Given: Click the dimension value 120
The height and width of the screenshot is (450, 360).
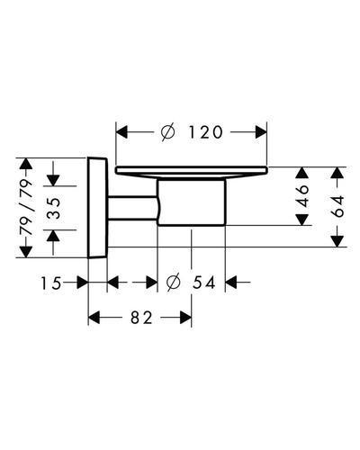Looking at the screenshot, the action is click(x=206, y=132).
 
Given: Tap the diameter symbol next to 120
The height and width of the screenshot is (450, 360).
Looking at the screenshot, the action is click(x=167, y=132).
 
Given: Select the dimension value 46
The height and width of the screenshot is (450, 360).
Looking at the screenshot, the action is click(x=303, y=196).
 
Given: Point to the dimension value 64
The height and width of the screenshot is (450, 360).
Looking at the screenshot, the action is click(x=337, y=206).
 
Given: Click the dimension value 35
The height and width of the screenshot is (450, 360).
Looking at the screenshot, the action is click(x=54, y=208).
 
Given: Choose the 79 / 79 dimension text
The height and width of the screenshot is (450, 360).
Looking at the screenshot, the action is click(x=26, y=207).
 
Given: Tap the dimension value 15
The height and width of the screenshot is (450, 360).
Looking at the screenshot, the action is click(x=51, y=283).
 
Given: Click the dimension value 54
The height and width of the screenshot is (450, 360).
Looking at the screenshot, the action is click(x=204, y=283).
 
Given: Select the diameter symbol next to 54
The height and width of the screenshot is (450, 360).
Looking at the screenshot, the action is click(x=174, y=283).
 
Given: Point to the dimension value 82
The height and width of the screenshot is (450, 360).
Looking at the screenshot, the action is click(x=141, y=318).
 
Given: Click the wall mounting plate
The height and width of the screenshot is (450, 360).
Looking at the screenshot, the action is click(x=97, y=207).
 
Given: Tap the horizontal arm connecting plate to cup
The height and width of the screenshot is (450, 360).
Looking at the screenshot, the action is click(x=133, y=208).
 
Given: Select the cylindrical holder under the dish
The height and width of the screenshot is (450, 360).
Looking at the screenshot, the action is click(x=191, y=202).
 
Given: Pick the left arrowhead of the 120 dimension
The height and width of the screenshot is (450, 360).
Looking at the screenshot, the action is click(x=121, y=132).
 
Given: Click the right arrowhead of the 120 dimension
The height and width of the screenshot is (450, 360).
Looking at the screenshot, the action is click(x=261, y=132).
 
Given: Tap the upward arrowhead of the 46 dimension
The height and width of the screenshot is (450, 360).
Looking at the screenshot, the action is click(x=302, y=173).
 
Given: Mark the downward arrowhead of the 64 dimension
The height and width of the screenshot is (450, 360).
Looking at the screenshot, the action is click(x=337, y=241).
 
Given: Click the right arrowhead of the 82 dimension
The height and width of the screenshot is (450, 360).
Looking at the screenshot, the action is click(x=185, y=318).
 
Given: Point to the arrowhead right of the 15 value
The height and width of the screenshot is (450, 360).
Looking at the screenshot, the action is click(x=82, y=283).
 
